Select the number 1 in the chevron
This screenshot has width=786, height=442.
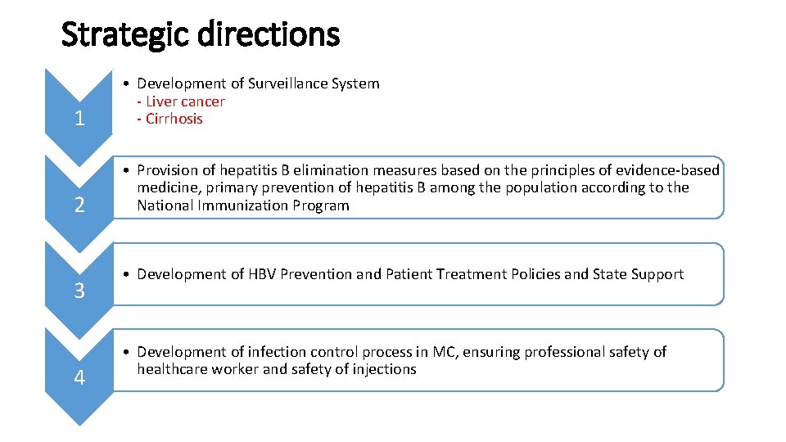point(79,120)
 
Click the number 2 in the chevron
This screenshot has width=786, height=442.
point(79,205)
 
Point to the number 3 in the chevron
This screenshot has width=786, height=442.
point(79,291)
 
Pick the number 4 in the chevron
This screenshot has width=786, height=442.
point(79,377)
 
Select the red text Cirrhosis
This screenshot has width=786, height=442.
point(174,119)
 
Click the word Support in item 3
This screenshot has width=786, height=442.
point(655,274)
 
